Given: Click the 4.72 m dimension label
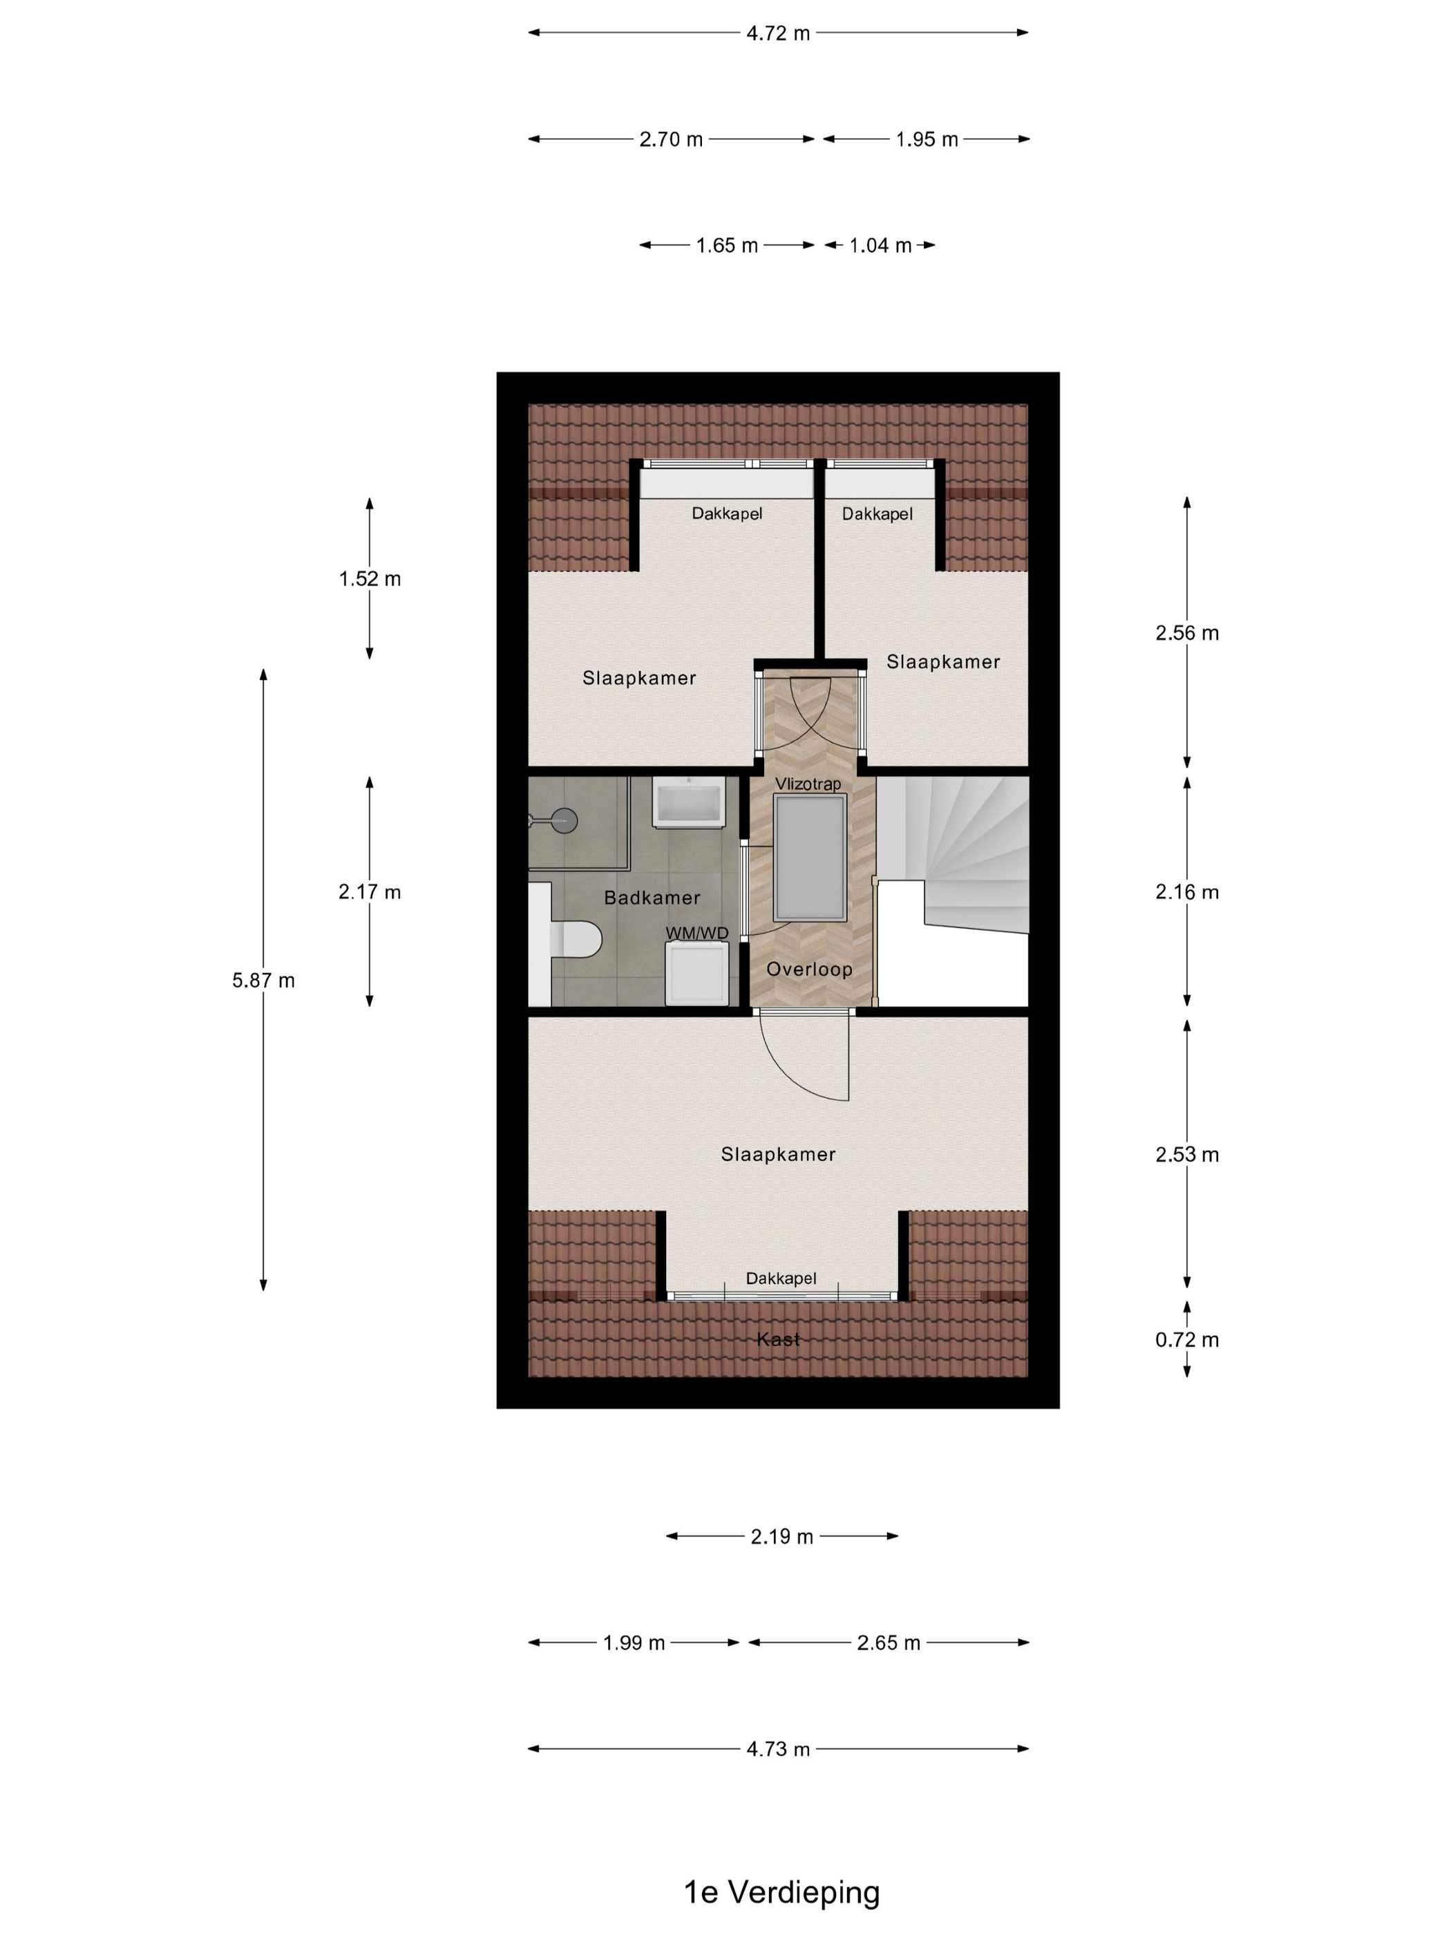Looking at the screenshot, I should coord(777,33).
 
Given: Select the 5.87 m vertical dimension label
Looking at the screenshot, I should coord(263,981).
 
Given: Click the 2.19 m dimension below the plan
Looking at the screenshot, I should coord(781,1536).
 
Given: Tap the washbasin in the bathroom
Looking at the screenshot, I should coord(688,802).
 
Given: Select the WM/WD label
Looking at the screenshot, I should coord(696,934).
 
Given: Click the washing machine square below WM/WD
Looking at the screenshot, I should coord(696,973).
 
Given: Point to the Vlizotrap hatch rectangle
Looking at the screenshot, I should coord(809,858).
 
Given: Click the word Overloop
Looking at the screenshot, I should coord(808,970).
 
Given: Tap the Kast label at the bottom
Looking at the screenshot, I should coord(777,1339).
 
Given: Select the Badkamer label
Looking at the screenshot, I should coord(652,898).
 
